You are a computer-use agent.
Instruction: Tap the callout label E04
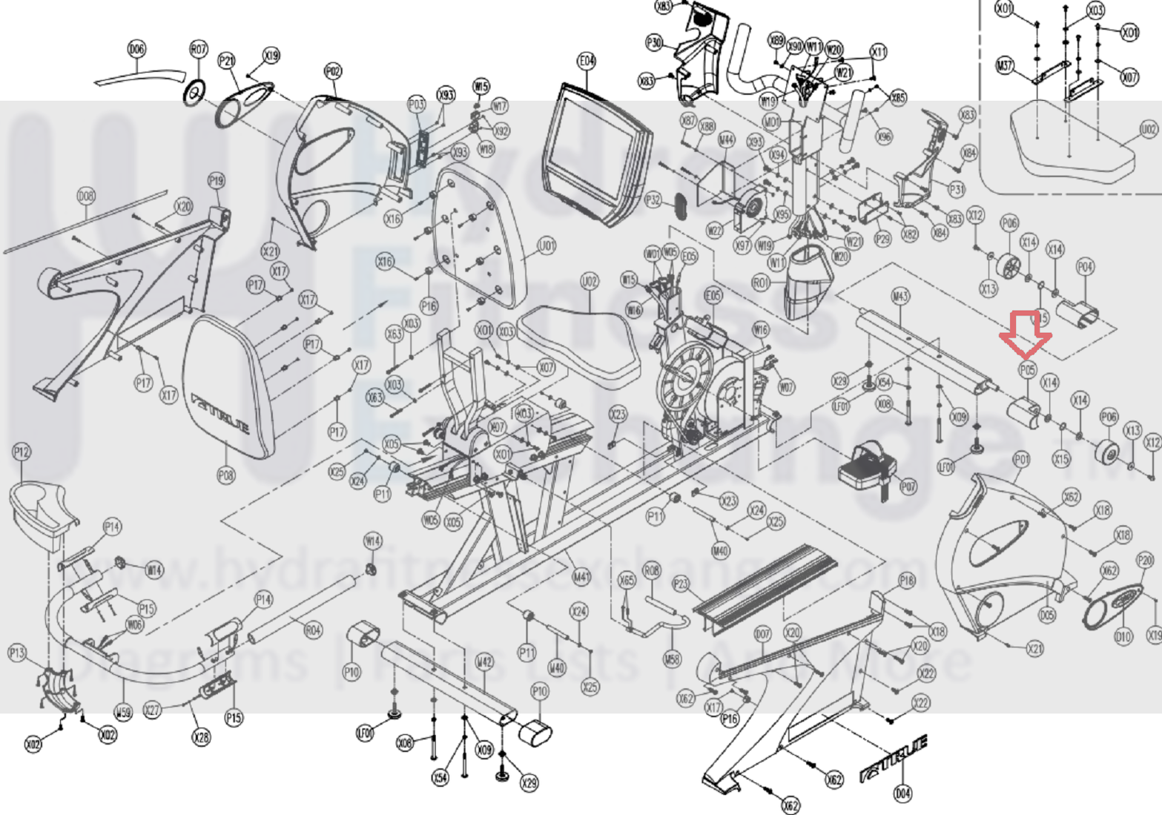pos(587,62)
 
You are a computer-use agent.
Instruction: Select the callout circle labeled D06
pos(136,50)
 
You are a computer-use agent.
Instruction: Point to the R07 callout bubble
pos(198,50)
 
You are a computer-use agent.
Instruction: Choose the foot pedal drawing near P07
pos(868,467)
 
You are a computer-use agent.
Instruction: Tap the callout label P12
pos(22,452)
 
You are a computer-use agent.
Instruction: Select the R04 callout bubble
pos(314,631)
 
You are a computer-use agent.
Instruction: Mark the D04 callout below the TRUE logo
pos(902,794)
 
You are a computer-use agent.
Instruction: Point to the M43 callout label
pos(900,297)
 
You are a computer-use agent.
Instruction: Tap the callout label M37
pos(1005,66)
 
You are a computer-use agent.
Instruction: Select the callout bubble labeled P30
pos(654,43)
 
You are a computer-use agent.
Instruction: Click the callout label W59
pos(123,713)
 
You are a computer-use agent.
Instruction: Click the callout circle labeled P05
pos(1027,370)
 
